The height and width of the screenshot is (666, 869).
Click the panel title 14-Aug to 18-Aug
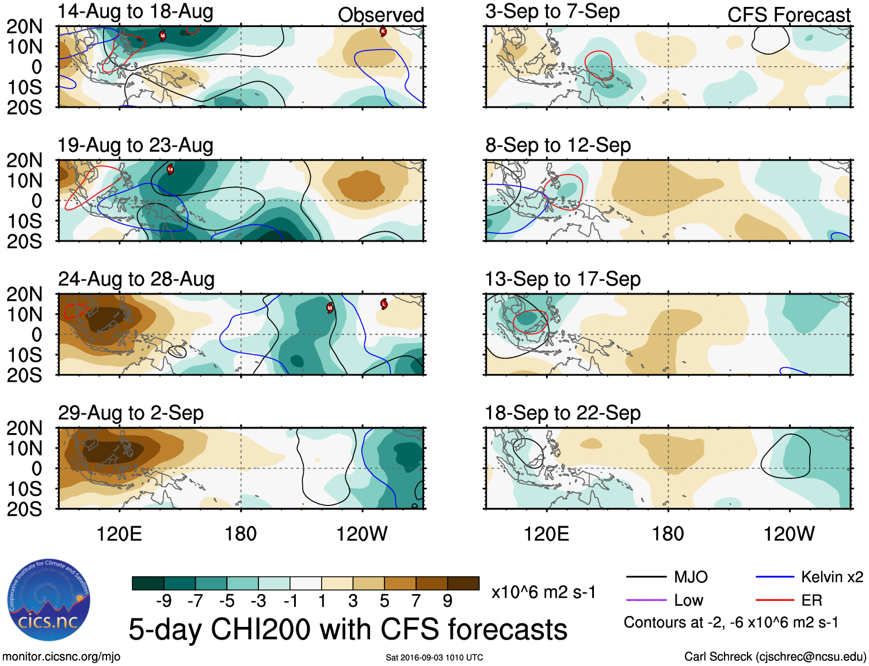click(x=135, y=12)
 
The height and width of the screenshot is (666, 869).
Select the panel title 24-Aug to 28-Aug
click(x=136, y=280)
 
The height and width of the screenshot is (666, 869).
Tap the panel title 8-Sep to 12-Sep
click(x=558, y=146)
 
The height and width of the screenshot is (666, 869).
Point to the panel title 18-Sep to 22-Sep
click(x=562, y=414)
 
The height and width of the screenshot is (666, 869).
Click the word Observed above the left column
click(x=380, y=15)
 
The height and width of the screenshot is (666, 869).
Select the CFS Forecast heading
click(x=788, y=15)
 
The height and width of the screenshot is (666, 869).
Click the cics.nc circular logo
click(x=48, y=600)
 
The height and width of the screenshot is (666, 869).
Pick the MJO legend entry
click(x=691, y=577)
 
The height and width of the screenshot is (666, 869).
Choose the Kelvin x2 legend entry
click(x=832, y=577)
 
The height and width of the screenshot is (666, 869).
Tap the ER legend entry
click(x=811, y=600)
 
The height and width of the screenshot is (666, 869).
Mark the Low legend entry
click(x=688, y=600)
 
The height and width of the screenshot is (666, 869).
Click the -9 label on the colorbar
click(x=163, y=601)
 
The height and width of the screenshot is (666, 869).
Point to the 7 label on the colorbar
click(x=416, y=601)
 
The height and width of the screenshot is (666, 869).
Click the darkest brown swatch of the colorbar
click(x=463, y=583)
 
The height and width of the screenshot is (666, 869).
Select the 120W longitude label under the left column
click(x=361, y=534)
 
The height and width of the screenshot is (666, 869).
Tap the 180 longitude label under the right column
click(x=668, y=534)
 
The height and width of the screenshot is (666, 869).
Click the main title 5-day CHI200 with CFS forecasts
click(x=348, y=629)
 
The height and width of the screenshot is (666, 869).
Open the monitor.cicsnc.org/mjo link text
click(x=61, y=657)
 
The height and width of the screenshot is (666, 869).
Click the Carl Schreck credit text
click(x=775, y=657)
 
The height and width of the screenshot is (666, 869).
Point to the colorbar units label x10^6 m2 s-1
click(x=543, y=592)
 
